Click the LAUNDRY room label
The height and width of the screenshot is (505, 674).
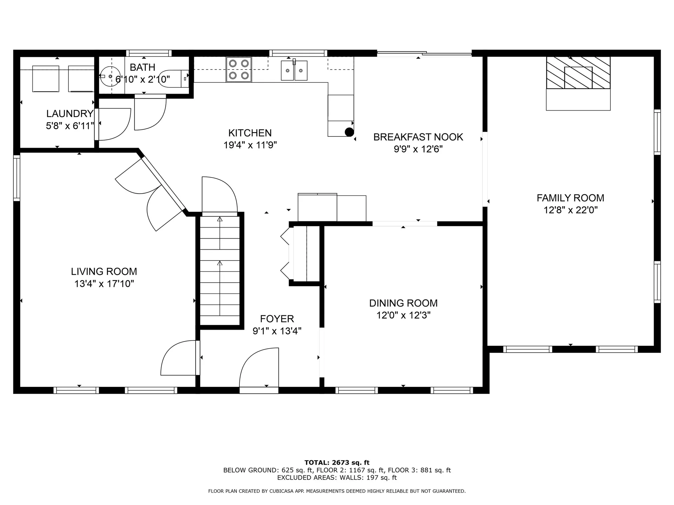[x=70, y=113]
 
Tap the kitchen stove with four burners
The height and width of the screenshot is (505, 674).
[x=239, y=69]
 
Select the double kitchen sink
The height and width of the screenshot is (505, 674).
[x=294, y=70]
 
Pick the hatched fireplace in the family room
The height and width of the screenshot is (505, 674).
[x=578, y=73]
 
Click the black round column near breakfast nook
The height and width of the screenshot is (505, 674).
[x=349, y=132]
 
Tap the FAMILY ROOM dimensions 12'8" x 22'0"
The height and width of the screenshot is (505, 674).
[x=570, y=210]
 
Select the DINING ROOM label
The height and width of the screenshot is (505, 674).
[x=403, y=303]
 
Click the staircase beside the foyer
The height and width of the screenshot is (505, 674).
[x=220, y=270]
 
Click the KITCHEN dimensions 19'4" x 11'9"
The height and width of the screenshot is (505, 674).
[x=250, y=145]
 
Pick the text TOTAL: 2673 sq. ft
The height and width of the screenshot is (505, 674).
[x=337, y=463]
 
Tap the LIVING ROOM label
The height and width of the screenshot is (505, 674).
[x=104, y=271]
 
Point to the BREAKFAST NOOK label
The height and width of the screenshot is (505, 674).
[x=418, y=137]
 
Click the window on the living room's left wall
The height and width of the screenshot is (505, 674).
[x=16, y=178]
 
